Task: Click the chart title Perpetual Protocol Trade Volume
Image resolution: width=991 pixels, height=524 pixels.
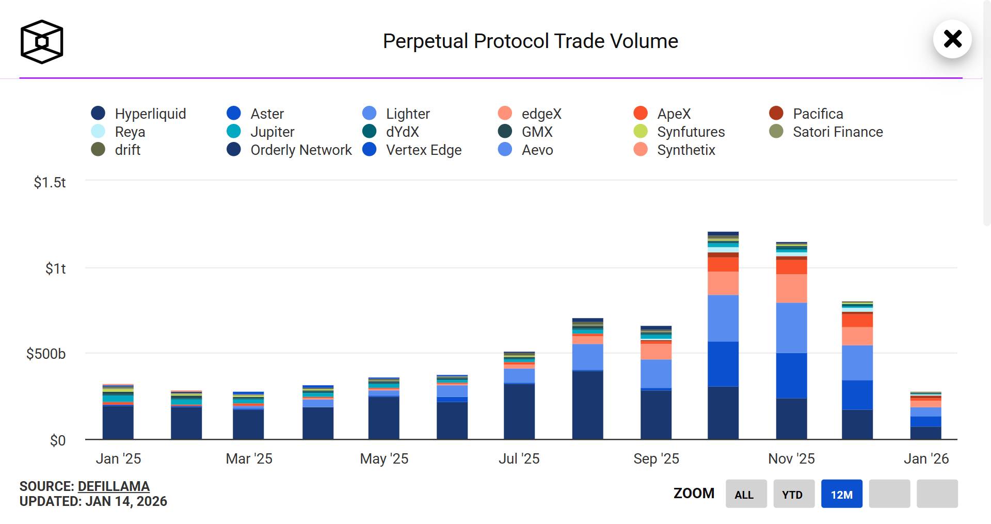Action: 530,41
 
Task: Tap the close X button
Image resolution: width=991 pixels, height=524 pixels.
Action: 952,39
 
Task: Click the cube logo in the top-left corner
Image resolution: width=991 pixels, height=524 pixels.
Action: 42,42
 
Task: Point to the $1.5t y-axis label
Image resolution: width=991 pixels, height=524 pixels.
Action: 50,182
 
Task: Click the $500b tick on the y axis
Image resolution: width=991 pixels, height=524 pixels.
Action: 46,354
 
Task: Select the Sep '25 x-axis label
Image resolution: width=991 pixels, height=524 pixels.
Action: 656,458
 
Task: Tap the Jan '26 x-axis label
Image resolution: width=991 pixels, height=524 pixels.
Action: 926,458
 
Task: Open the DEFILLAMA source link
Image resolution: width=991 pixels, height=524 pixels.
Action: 114,486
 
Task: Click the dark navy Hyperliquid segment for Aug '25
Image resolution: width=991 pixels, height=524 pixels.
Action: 587,405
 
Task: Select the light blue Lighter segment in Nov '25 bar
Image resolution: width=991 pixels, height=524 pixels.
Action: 791,328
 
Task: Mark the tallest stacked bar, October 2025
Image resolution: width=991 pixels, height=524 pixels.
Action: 723,336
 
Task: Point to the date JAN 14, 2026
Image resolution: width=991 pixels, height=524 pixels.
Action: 126,501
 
